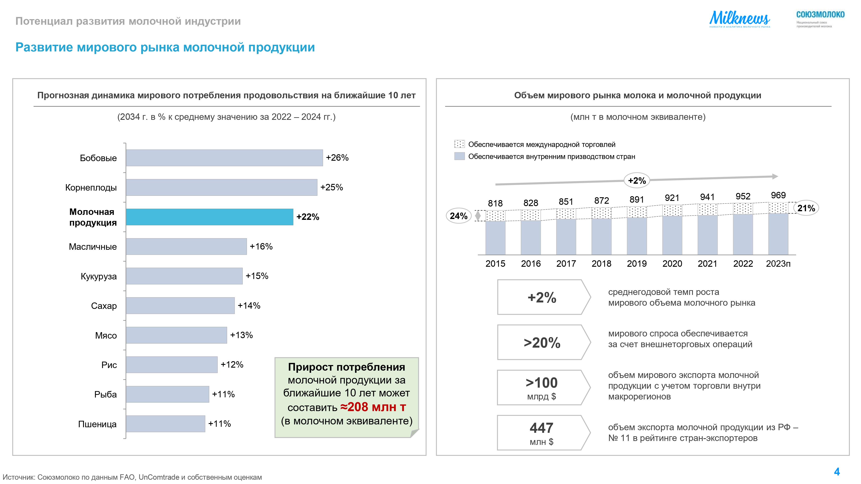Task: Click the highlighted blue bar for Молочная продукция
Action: pyautogui.click(x=210, y=217)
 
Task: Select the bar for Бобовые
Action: pyautogui.click(x=224, y=158)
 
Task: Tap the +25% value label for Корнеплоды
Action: pyautogui.click(x=331, y=187)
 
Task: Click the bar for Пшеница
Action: pyautogui.click(x=166, y=424)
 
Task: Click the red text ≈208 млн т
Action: pyautogui.click(x=373, y=407)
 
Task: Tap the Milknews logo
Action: pyautogui.click(x=739, y=19)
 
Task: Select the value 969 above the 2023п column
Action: pyautogui.click(x=778, y=195)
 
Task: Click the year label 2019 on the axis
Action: pyautogui.click(x=637, y=264)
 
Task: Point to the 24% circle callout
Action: pyautogui.click(x=458, y=216)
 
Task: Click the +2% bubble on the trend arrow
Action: pyautogui.click(x=637, y=181)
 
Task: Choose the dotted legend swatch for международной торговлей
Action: pyautogui.click(x=459, y=144)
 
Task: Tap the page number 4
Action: pyautogui.click(x=837, y=472)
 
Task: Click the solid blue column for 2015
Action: pyautogui.click(x=495, y=238)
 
